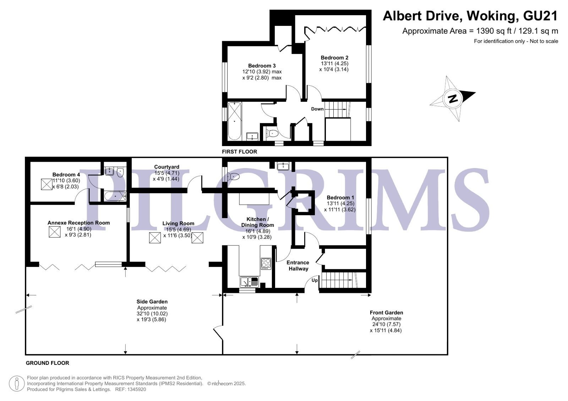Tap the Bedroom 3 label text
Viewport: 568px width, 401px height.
click(262, 66)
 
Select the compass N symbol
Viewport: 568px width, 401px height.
click(453, 98)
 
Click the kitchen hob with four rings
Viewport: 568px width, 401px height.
click(266, 263)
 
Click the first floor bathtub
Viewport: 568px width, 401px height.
click(235, 121)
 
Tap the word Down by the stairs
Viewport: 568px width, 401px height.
click(317, 109)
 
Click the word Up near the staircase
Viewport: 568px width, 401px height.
click(315, 280)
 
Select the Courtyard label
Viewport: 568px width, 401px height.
click(166, 167)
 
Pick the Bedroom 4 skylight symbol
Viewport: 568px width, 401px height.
click(47, 184)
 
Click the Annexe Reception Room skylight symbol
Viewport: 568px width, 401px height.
click(55, 232)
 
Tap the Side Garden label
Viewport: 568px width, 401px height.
click(152, 302)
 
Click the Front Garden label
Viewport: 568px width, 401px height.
click(386, 313)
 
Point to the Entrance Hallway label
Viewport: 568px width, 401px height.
click(298, 266)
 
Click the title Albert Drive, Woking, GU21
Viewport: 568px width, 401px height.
click(470, 16)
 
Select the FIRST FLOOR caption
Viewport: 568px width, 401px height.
click(239, 152)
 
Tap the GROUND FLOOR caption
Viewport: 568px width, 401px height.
click(48, 363)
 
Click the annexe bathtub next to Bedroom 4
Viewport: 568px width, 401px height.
click(115, 196)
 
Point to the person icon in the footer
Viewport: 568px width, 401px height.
click(17, 384)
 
